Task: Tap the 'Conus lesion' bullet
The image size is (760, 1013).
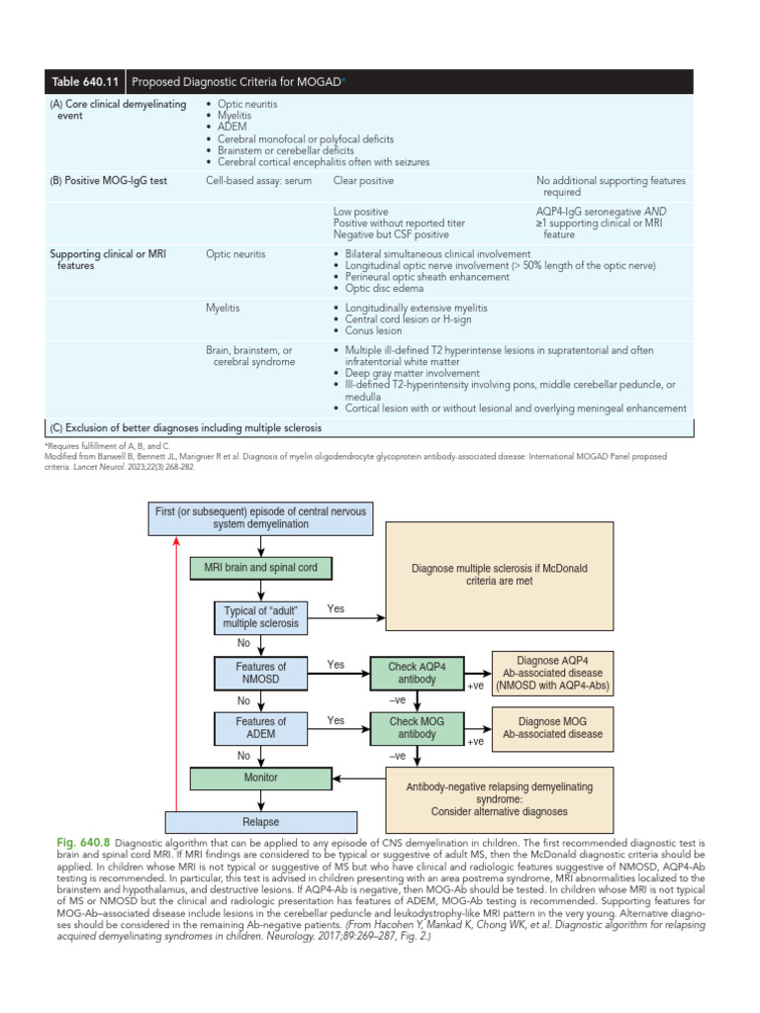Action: tap(373, 331)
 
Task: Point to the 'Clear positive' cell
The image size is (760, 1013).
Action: tap(363, 181)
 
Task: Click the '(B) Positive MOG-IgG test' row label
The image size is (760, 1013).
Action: tap(105, 181)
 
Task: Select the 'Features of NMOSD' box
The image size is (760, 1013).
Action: tap(260, 674)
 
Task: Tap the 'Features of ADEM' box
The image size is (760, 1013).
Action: tap(260, 728)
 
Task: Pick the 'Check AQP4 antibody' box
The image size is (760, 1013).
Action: tap(417, 674)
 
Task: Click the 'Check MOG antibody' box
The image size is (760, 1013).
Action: tap(417, 728)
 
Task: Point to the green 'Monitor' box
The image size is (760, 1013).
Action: tap(260, 779)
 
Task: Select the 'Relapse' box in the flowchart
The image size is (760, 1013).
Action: tap(260, 822)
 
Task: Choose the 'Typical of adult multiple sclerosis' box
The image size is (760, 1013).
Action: tap(260, 616)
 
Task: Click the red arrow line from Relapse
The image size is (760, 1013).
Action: tap(176, 673)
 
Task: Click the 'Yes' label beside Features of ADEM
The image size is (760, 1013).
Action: tap(336, 720)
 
